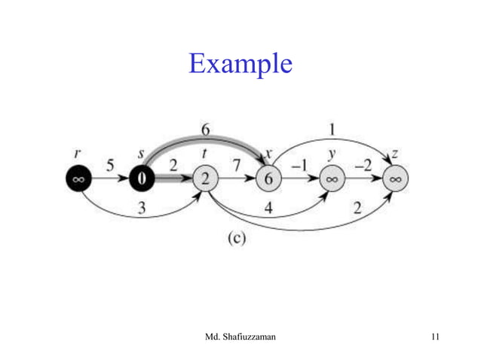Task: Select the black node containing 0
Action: pos(141,178)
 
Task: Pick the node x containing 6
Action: pos(268,178)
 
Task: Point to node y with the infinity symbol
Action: pos(332,179)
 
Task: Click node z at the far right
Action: pos(395,179)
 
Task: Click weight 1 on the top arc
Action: pos(332,129)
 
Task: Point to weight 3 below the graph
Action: pos(142,209)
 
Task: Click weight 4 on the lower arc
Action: pos(268,209)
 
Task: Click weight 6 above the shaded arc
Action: pos(205,129)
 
